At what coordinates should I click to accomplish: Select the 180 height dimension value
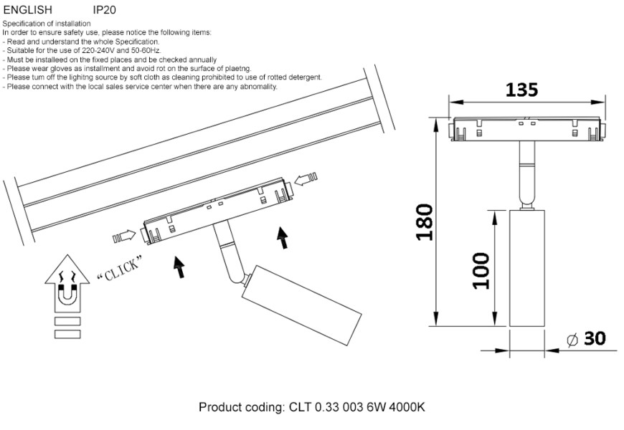pyautogui.click(x=424, y=222)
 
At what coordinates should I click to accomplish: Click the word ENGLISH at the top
pyautogui.click(x=27, y=11)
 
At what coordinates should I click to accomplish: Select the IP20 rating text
pyautogui.click(x=104, y=11)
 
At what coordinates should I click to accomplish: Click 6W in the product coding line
pyautogui.click(x=374, y=408)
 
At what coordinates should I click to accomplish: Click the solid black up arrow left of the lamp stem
pyautogui.click(x=179, y=267)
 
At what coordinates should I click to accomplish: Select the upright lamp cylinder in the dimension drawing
pyautogui.click(x=526, y=269)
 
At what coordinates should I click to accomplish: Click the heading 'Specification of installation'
pyautogui.click(x=47, y=24)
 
